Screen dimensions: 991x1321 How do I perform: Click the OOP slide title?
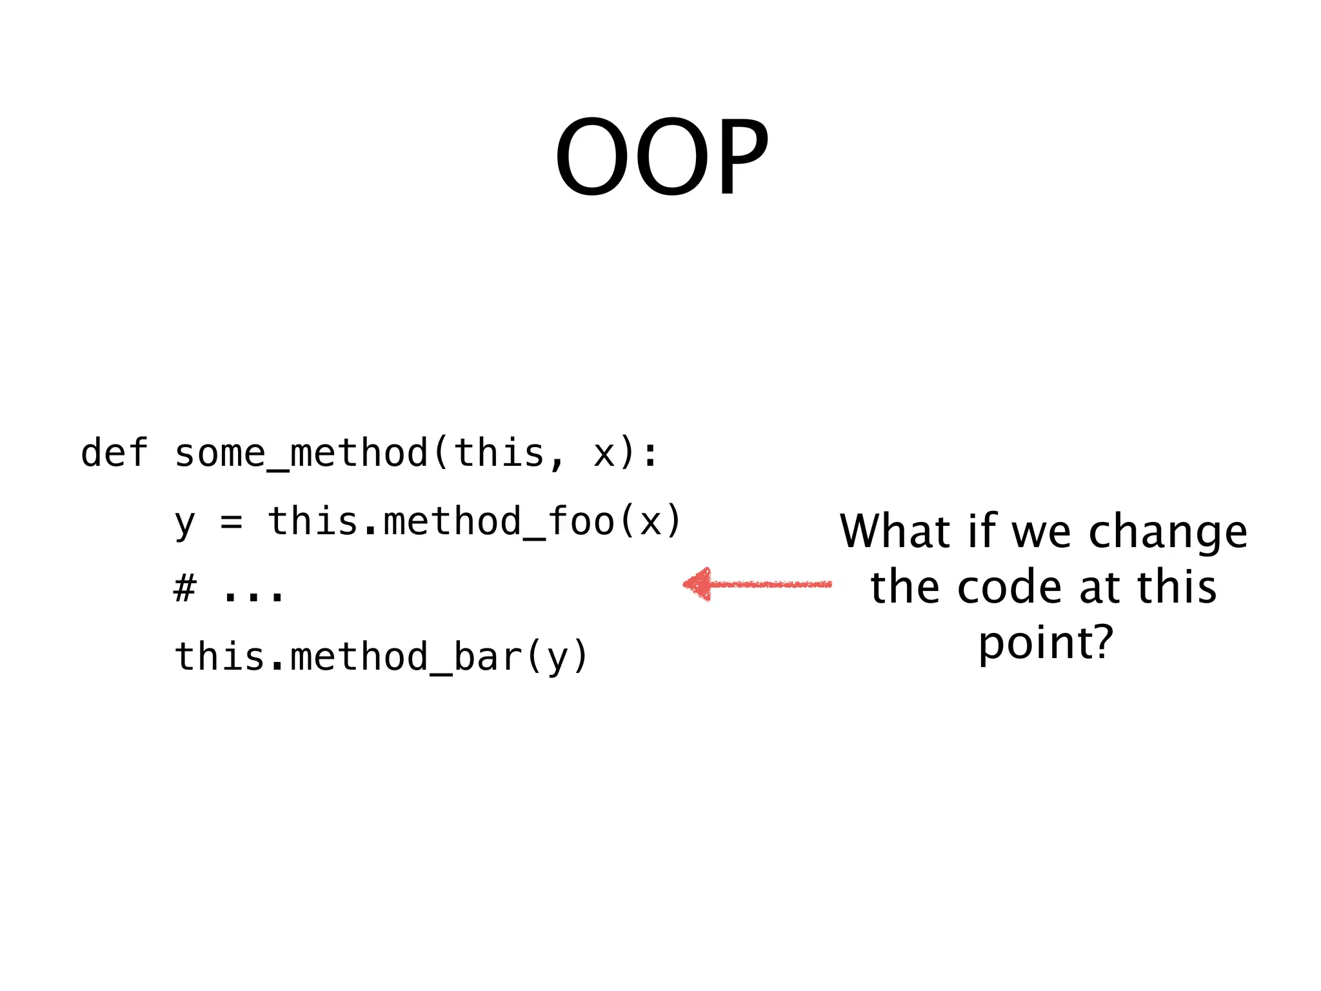coord(662,157)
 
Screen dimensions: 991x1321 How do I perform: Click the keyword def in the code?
coord(115,453)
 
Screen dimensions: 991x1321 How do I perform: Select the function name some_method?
coord(301,453)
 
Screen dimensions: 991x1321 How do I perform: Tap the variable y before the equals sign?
coord(184,523)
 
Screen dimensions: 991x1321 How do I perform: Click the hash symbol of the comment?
coord(184,588)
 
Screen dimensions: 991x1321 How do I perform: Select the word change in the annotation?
coord(1167,533)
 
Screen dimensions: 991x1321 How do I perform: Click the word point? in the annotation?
coord(1046,644)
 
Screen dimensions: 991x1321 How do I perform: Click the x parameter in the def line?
coord(604,454)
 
